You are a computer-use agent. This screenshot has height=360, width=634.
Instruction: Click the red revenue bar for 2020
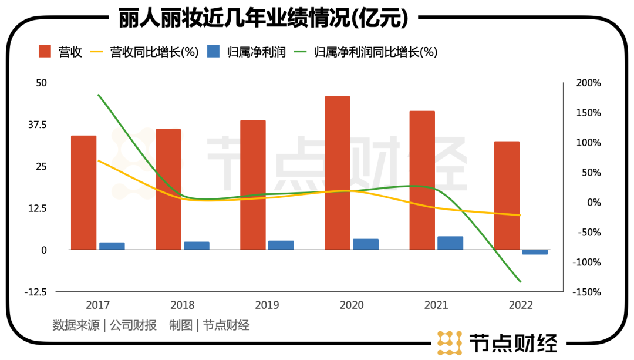coord(338,173)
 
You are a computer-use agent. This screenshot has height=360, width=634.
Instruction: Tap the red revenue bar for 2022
coord(507,195)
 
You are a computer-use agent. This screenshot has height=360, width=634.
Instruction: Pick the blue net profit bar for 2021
coord(450,243)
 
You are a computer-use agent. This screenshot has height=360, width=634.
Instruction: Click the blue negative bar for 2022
coord(535,252)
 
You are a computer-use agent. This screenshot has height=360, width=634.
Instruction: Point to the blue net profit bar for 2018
coord(197,245)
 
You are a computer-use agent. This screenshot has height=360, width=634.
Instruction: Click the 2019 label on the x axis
coord(267,305)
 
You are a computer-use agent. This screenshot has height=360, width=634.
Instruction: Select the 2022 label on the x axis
coord(521,305)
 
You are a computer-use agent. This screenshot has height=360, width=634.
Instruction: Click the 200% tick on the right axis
coord(588,83)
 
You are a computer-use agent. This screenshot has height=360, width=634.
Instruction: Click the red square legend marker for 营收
coord(45,52)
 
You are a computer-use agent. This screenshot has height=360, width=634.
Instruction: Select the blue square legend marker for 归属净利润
coord(213,52)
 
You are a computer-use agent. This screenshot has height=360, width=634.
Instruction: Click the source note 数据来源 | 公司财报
coord(104,325)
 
